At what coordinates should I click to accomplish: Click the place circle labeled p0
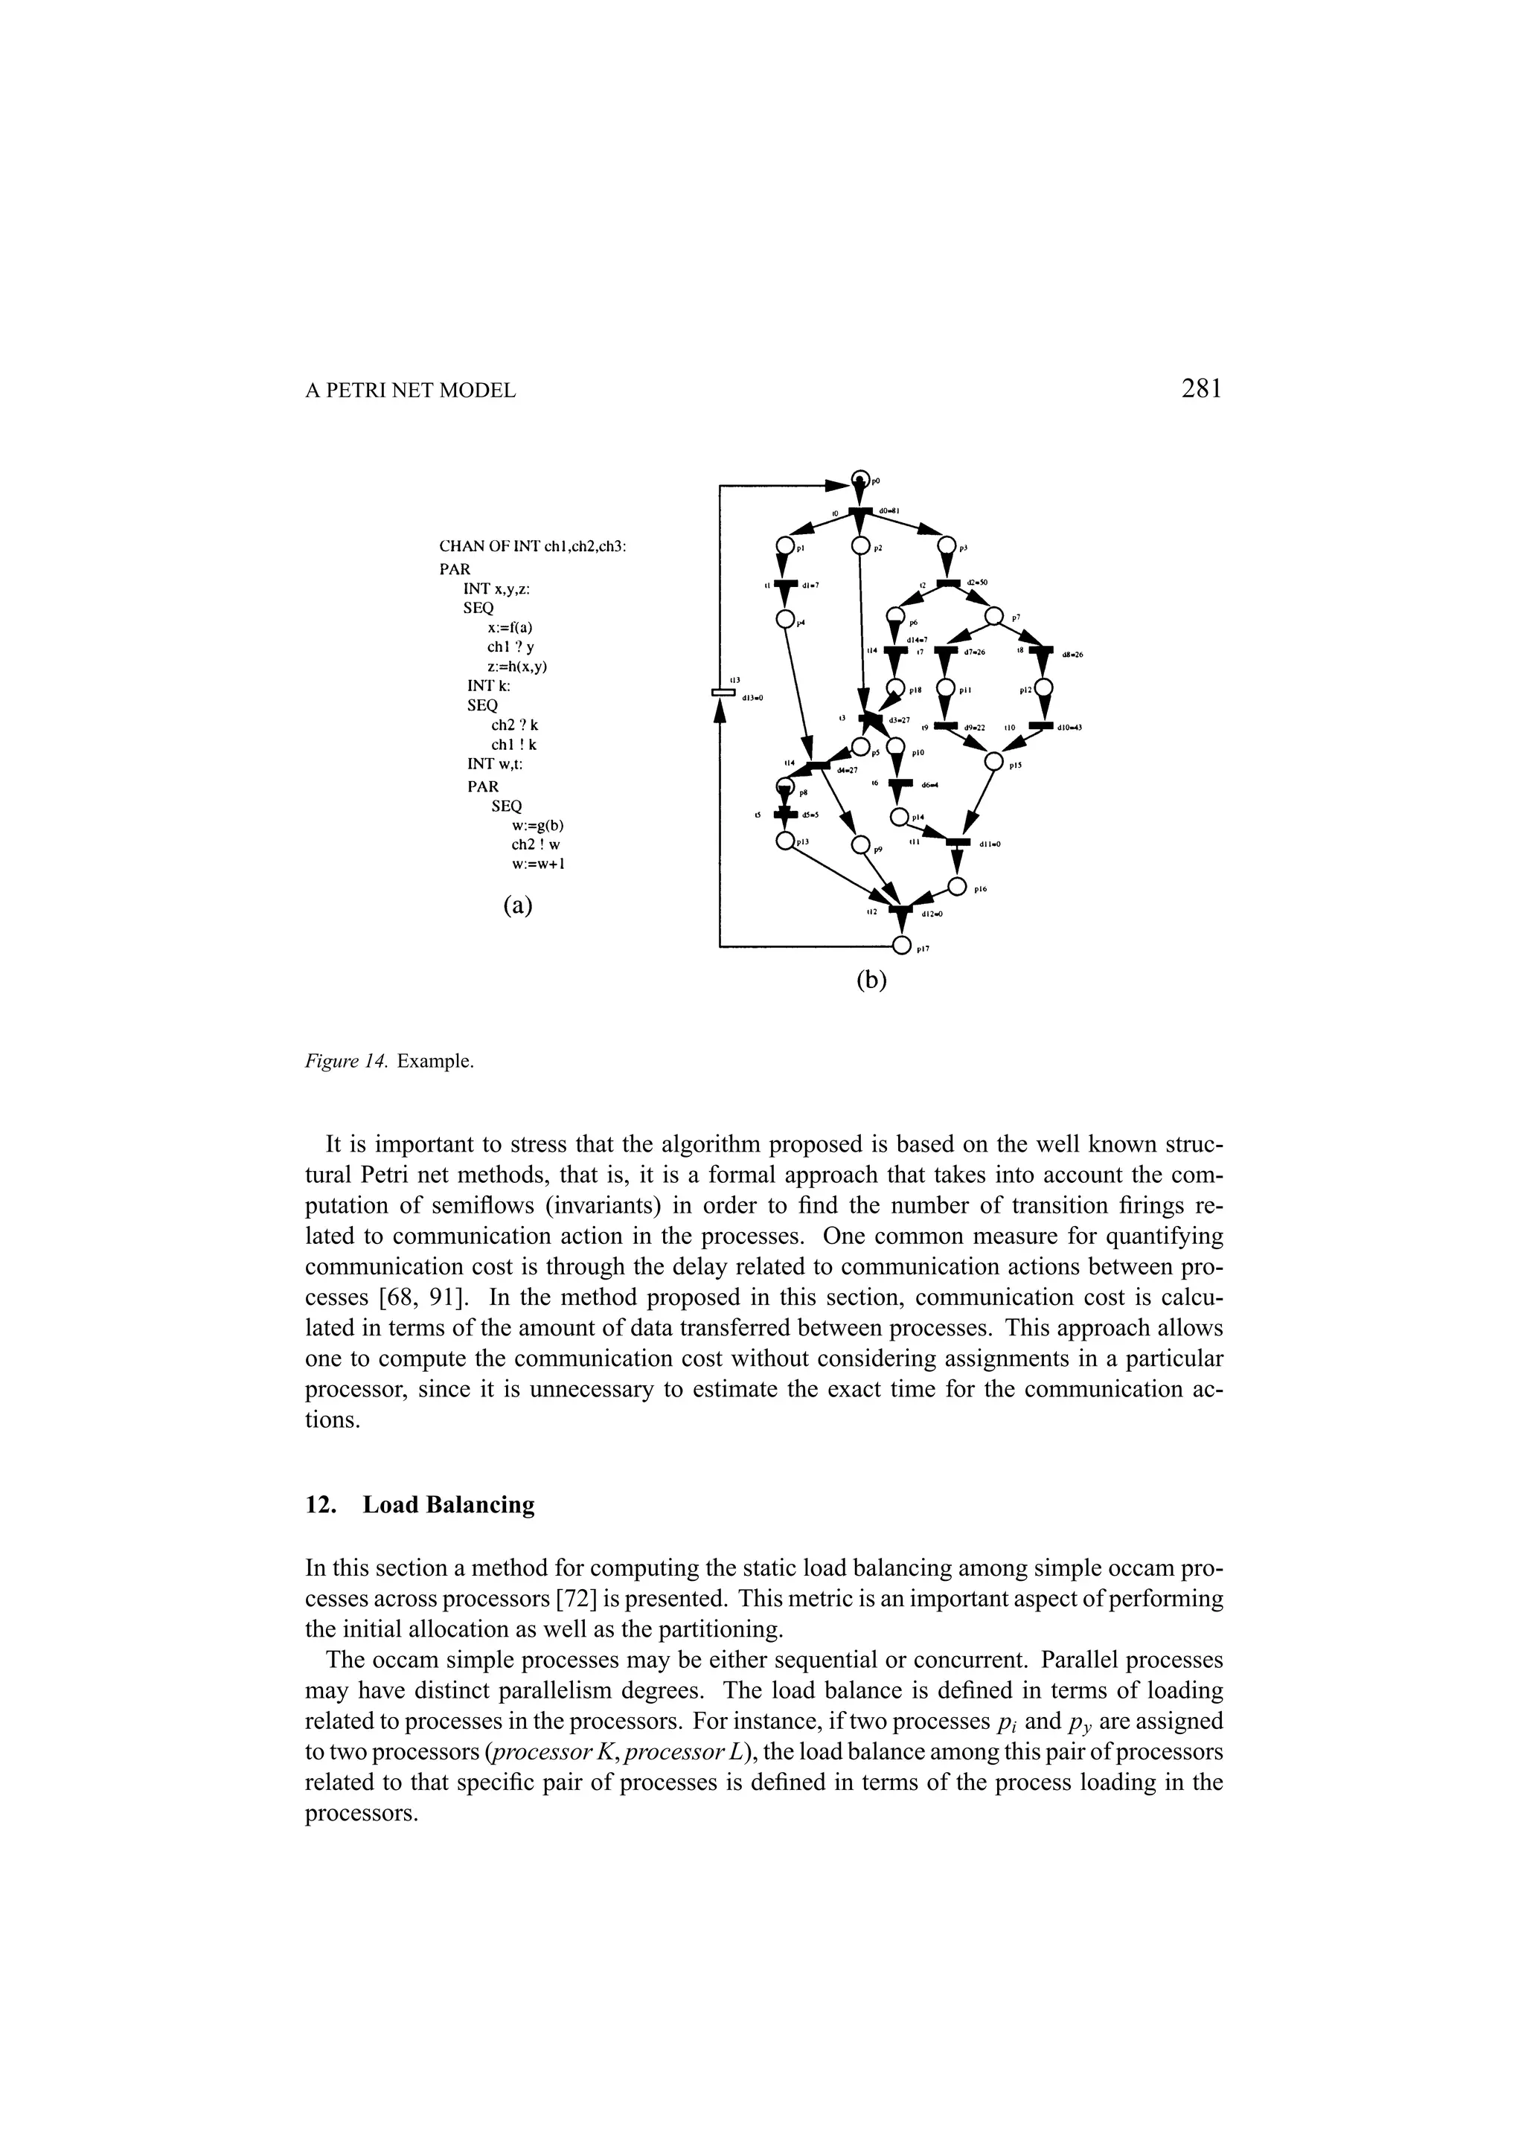(860, 479)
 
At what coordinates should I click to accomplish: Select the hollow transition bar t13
(722, 693)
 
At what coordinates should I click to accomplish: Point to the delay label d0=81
(890, 511)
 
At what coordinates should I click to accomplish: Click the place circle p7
(993, 617)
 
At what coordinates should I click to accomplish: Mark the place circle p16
(957, 885)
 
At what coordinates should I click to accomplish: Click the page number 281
(1201, 389)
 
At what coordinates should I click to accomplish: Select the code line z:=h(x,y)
(517, 666)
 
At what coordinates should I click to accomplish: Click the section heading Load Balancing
(449, 1504)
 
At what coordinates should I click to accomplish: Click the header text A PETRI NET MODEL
(410, 391)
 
